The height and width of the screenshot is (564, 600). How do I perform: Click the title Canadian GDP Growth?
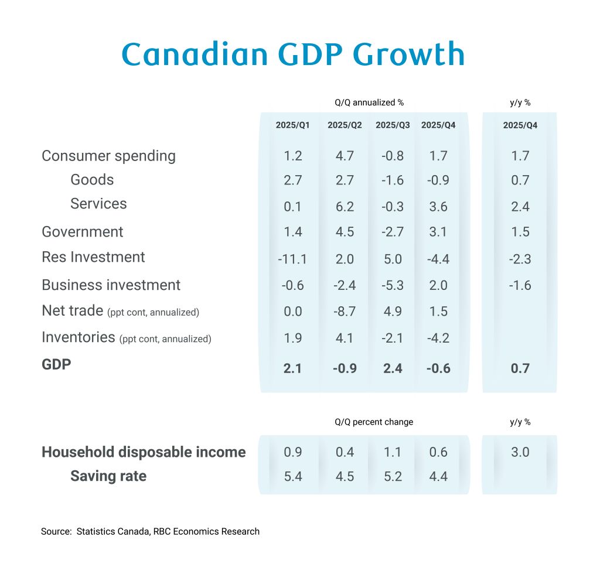point(293,54)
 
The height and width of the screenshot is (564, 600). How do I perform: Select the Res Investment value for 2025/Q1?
point(292,258)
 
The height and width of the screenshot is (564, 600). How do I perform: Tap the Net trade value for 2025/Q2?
point(345,311)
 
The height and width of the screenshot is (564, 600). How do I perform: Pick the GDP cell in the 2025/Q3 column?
point(393,368)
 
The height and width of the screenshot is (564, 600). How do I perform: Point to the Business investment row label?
point(111,285)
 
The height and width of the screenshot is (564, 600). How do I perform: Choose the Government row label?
point(82,232)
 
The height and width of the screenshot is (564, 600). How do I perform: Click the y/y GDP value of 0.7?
point(520,368)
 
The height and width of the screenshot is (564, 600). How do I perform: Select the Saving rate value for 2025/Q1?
point(292,476)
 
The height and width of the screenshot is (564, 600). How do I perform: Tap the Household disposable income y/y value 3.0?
point(520,452)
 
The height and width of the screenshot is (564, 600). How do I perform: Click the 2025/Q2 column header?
point(345,125)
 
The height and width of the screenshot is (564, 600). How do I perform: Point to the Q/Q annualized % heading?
point(369,102)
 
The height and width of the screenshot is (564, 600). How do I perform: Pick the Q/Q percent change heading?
point(374,422)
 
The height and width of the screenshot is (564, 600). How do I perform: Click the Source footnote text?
point(150,532)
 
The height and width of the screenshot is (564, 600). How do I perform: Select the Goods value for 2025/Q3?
point(393,180)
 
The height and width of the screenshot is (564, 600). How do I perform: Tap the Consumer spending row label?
point(108,156)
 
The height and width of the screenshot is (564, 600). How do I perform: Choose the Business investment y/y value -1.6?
point(520,285)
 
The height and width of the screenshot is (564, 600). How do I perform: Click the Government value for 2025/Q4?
point(438,232)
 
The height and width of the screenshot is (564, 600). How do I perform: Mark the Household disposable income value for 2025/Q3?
point(393,452)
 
